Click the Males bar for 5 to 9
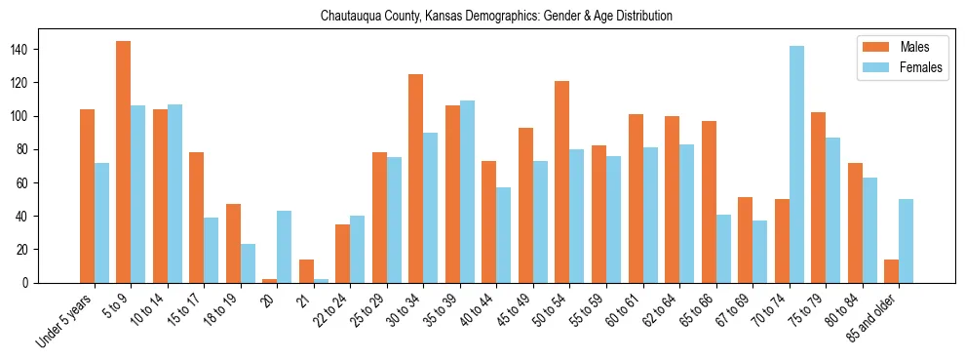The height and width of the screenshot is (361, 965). point(124,162)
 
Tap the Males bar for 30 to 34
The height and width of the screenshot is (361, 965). point(416,179)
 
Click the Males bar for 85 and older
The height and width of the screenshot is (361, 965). point(891,271)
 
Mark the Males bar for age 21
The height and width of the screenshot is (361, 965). point(306,271)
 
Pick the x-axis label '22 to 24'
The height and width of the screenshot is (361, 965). point(330,307)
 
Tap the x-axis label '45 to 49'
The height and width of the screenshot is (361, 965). point(513,307)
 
